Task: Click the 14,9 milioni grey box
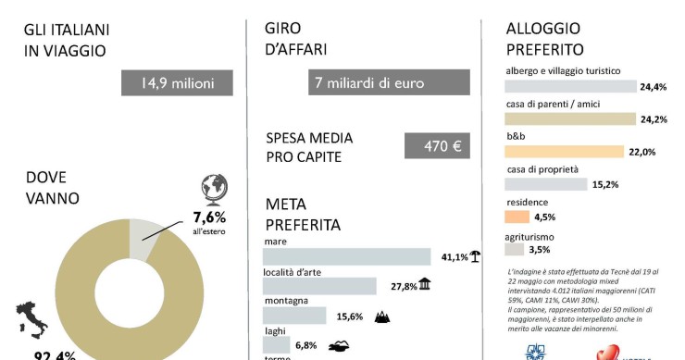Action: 177,82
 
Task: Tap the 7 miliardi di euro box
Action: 389,82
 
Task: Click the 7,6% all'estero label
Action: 209,222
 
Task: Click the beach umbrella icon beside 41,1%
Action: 474,256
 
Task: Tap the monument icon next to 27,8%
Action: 424,285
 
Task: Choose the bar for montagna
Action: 295,316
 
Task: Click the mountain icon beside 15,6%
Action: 380,317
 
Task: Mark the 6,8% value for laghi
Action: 306,345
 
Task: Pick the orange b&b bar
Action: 564,152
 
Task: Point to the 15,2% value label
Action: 605,184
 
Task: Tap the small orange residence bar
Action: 517,217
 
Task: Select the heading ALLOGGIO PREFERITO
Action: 544,39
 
